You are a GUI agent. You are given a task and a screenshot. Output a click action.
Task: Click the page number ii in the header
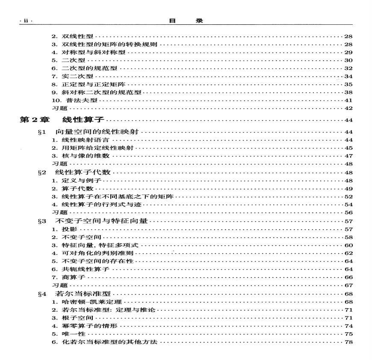(x=25, y=21)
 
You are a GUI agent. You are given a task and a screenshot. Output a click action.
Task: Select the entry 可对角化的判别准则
(x=92, y=253)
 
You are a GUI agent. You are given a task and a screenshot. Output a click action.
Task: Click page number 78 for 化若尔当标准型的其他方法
(x=348, y=342)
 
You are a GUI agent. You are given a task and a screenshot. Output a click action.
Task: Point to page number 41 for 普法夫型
(x=348, y=100)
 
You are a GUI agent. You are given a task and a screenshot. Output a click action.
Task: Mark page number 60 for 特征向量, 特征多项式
(x=348, y=245)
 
